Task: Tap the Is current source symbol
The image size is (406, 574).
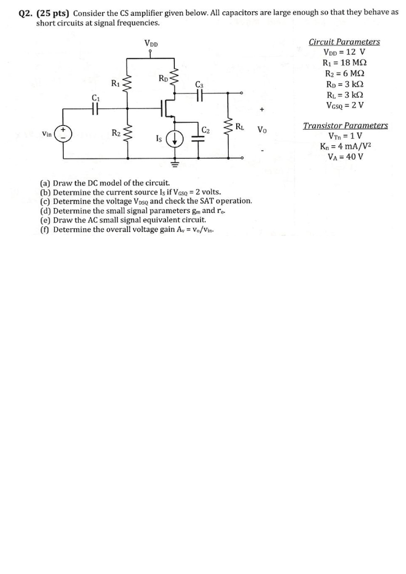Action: (x=176, y=139)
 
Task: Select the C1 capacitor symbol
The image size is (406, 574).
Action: (x=95, y=109)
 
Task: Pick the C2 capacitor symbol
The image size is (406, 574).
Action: (x=198, y=139)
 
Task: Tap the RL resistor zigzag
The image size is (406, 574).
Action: (x=229, y=129)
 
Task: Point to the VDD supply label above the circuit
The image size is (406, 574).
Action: (x=151, y=43)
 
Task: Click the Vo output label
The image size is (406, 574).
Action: (x=262, y=130)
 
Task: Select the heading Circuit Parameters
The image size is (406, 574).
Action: (x=344, y=42)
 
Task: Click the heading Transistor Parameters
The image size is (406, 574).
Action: (x=345, y=126)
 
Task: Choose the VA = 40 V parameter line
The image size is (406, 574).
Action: (x=345, y=157)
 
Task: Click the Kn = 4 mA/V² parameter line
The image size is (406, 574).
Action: (x=345, y=147)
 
